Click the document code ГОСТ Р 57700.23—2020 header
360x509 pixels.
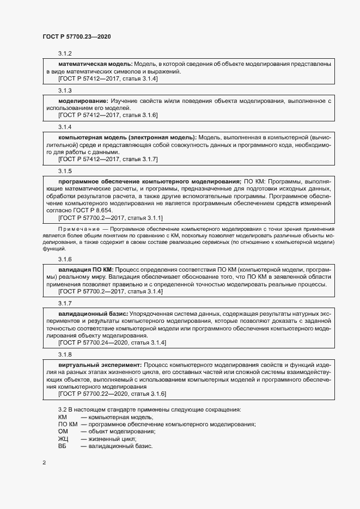pyautogui.click(x=77, y=36)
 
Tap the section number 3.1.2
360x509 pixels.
pyautogui.click(x=65, y=54)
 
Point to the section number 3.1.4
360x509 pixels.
pyautogui.click(x=65, y=127)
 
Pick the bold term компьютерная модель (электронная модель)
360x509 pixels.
pyautogui.click(x=127, y=137)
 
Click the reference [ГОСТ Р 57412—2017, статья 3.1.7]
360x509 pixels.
pyautogui.click(x=108, y=159)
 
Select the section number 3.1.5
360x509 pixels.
pyautogui.click(x=65, y=171)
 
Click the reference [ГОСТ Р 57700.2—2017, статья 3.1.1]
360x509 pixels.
pyautogui.click(x=110, y=218)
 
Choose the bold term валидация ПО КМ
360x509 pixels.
pyautogui.click(x=85, y=269)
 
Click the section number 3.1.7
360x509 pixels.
pyautogui.click(x=65, y=303)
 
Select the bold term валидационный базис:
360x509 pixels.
pyautogui.click(x=93, y=314)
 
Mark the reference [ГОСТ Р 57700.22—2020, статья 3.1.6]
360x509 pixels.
pyautogui.click(x=112, y=393)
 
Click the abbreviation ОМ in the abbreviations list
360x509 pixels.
pyautogui.click(x=63, y=432)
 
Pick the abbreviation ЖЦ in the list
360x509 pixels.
pyautogui.click(x=63, y=439)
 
